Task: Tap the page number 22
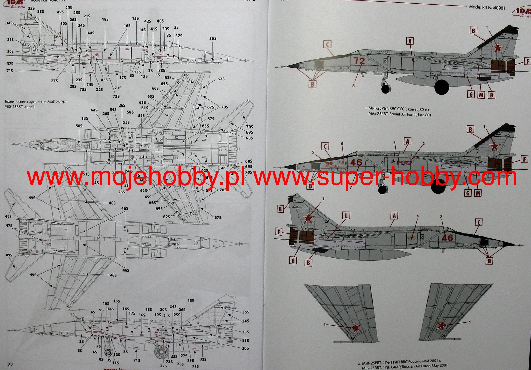[x=10, y=364]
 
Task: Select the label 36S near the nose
[x=213, y=38]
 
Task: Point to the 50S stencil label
[x=79, y=126]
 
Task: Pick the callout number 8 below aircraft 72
[x=353, y=86]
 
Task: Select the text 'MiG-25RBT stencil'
[x=20, y=107]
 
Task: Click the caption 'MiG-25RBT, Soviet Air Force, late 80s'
[x=399, y=114]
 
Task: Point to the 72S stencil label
[x=116, y=96]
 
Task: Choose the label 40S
[x=160, y=21]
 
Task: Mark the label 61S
[x=145, y=108]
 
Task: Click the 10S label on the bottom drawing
[x=106, y=304]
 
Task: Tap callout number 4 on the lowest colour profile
[x=417, y=216]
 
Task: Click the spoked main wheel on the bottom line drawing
[x=161, y=352]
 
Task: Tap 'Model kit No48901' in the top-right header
[x=487, y=8]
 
